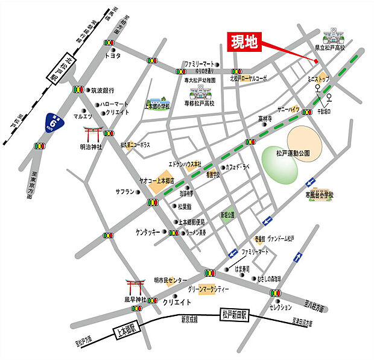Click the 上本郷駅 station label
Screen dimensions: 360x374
(126, 330)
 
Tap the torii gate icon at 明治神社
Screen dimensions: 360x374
(93, 133)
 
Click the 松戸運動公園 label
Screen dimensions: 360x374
(293, 154)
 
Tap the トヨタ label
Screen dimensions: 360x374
(113, 55)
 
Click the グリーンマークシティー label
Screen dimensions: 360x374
(209, 290)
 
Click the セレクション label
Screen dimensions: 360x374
(280, 307)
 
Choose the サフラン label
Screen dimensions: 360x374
(126, 192)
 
